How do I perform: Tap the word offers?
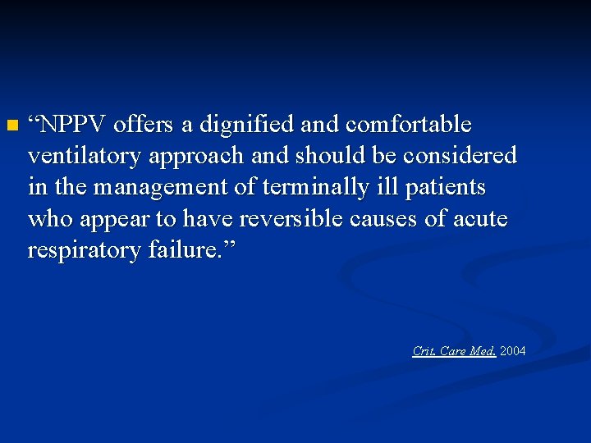[144, 126]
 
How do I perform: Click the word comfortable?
[409, 126]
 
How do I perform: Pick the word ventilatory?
[78, 156]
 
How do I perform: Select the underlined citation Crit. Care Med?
[454, 351]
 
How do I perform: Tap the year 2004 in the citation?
[513, 351]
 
